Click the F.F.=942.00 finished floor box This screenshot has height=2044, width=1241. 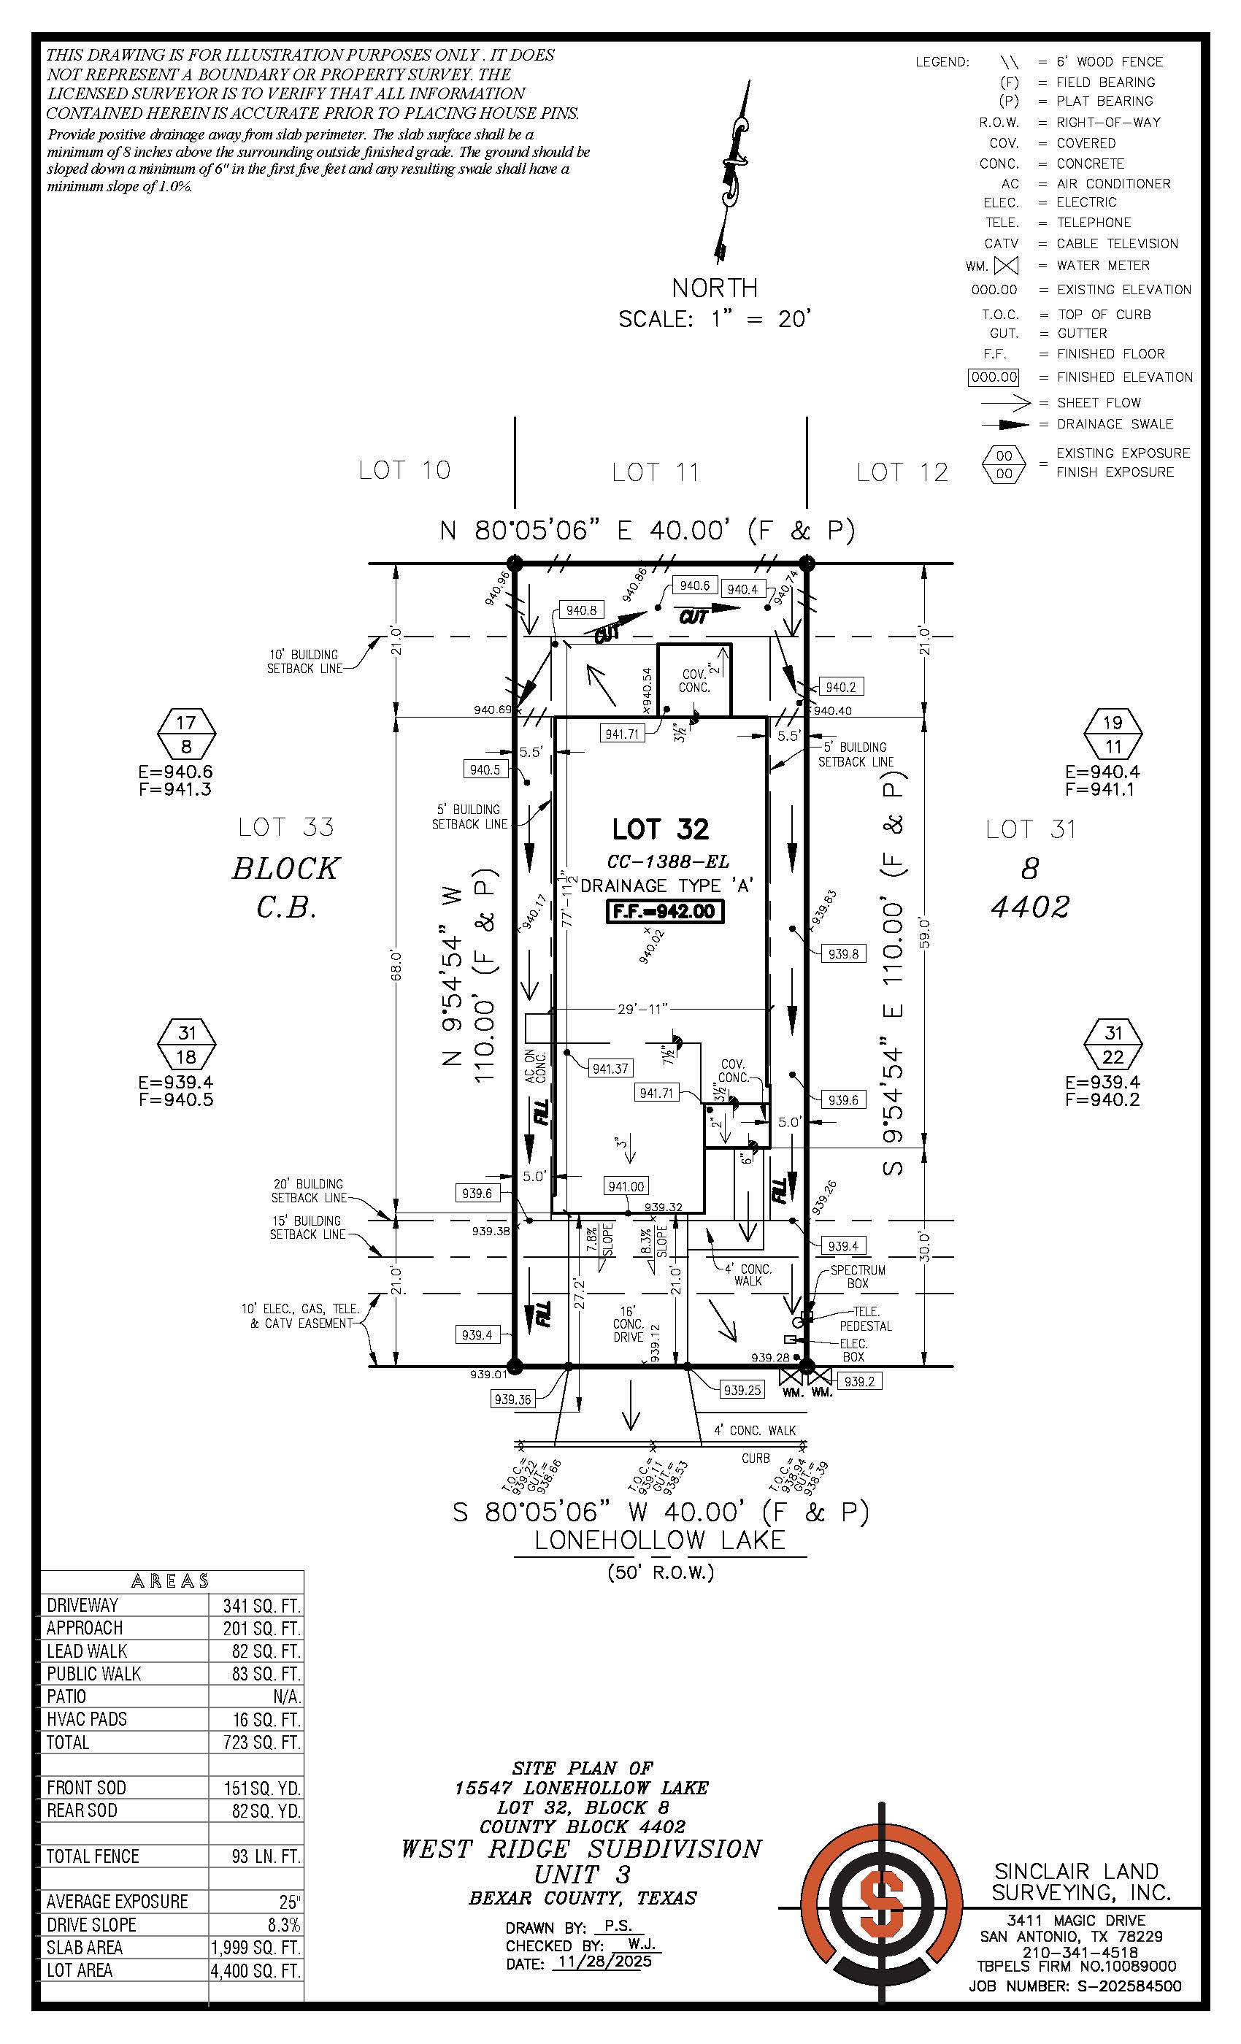(665, 911)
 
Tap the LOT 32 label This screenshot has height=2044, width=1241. (661, 829)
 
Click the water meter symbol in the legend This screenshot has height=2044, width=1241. (1005, 266)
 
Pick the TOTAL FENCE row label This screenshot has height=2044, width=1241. (93, 1856)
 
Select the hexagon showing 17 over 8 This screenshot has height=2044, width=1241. (187, 734)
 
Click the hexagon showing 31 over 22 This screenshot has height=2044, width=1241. (1113, 1045)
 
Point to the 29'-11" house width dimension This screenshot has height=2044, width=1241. (642, 1009)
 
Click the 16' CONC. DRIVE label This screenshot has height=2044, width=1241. (628, 1324)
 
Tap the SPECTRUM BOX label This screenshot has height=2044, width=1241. (858, 1276)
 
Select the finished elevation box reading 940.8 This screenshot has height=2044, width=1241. (580, 610)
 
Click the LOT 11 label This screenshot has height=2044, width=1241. (656, 472)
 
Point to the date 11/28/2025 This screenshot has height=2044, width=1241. (604, 1962)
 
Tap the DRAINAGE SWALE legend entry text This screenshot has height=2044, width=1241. (1114, 424)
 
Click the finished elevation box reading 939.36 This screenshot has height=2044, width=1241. (512, 1399)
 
